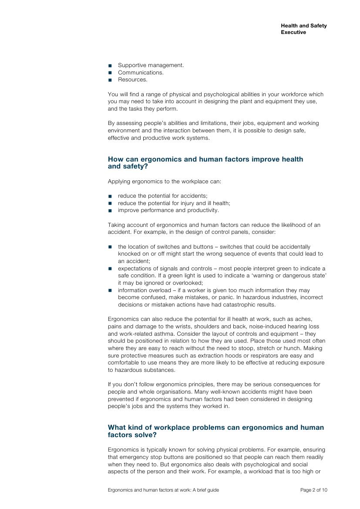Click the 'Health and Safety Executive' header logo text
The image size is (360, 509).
point(303,29)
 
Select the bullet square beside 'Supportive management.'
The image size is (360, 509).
point(110,66)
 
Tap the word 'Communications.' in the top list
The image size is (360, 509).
point(141,73)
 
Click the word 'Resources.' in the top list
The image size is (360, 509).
point(132,80)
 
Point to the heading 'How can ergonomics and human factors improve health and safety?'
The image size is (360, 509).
point(205,162)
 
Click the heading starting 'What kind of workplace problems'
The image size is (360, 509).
point(215,431)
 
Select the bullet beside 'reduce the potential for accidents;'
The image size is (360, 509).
point(110,196)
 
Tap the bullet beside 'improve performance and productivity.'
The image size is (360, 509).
point(110,211)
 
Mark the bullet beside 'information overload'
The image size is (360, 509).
point(110,290)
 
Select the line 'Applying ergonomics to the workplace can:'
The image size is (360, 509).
point(165,181)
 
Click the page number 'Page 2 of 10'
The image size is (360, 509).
point(313,490)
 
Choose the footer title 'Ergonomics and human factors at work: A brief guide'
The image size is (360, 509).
point(163,490)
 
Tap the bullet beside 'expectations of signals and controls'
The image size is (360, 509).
point(110,269)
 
